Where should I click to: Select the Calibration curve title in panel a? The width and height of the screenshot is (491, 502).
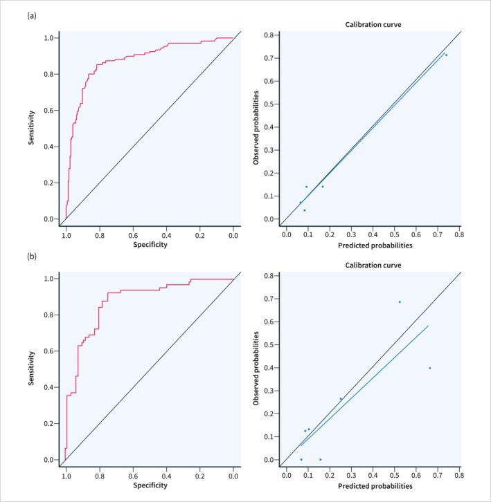pyautogui.click(x=373, y=25)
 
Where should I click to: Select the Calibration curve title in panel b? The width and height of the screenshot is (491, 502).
pyautogui.click(x=373, y=266)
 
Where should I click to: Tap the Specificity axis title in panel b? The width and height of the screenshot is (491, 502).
pyautogui.click(x=150, y=485)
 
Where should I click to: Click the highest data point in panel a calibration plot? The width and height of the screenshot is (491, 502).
pyautogui.click(x=446, y=55)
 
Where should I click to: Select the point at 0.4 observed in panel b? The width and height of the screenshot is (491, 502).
pyautogui.click(x=430, y=368)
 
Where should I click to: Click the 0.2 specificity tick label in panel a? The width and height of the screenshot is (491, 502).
pyautogui.click(x=200, y=235)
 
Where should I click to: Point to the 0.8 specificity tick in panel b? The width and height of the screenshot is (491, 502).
pyautogui.click(x=100, y=476)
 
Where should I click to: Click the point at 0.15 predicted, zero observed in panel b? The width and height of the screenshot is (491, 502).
pyautogui.click(x=320, y=459)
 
